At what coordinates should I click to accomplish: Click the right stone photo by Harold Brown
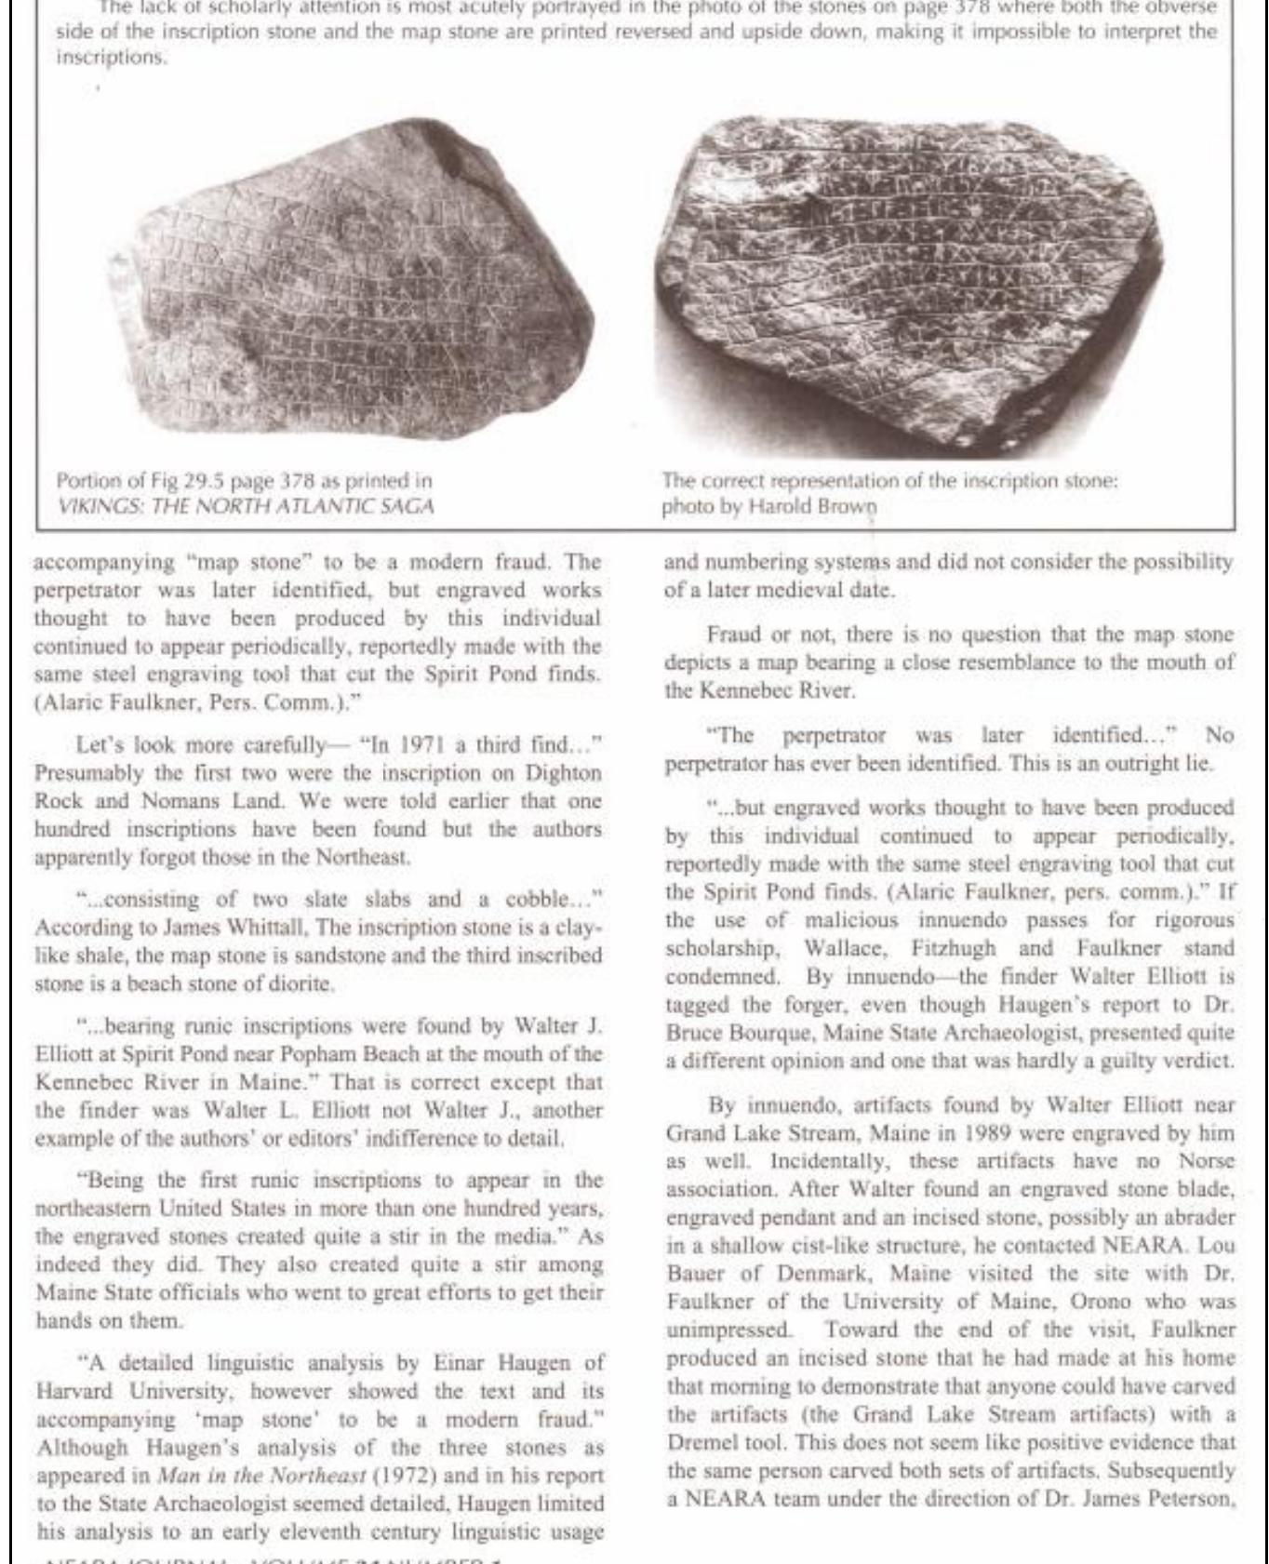click(907, 284)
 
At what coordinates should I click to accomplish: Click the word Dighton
click(563, 773)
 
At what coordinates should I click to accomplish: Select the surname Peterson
click(1192, 1498)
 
